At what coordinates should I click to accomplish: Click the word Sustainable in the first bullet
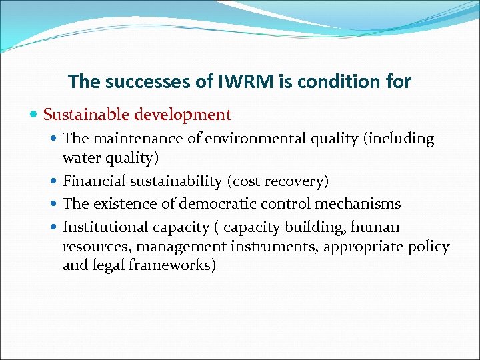pos(85,115)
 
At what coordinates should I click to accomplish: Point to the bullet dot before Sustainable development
pos(35,115)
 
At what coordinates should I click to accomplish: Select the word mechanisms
pos(359,203)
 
